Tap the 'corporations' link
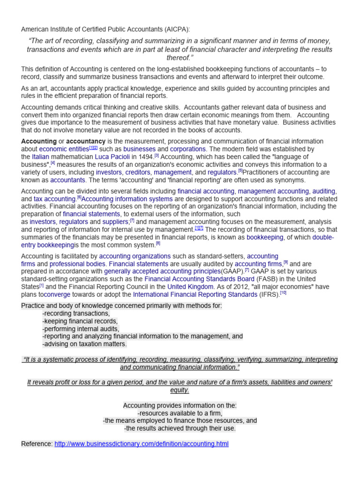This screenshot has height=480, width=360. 187,149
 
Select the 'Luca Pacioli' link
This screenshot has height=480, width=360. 112,157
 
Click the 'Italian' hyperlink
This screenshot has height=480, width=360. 40,157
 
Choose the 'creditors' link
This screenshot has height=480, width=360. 138,172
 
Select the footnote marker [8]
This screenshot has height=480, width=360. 158,244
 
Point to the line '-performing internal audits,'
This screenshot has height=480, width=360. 81,329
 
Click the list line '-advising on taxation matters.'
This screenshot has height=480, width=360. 84,344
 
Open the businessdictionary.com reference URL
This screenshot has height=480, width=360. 142,443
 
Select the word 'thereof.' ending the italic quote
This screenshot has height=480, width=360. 180,57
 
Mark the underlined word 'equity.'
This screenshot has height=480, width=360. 180,390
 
